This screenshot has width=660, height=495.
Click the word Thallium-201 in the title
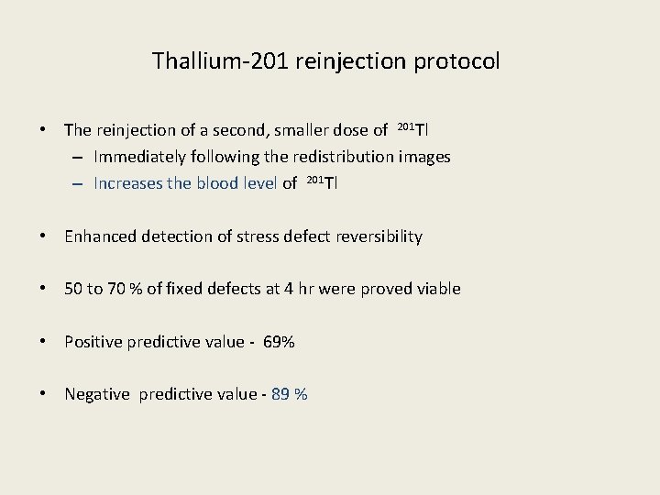210,61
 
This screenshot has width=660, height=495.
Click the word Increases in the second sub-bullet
127,183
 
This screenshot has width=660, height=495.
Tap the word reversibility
377,236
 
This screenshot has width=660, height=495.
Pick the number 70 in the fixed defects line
116,289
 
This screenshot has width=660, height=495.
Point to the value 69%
279,342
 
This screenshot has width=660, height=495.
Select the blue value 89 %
290,394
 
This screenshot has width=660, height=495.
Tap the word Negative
97,394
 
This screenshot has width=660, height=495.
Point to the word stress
258,236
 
